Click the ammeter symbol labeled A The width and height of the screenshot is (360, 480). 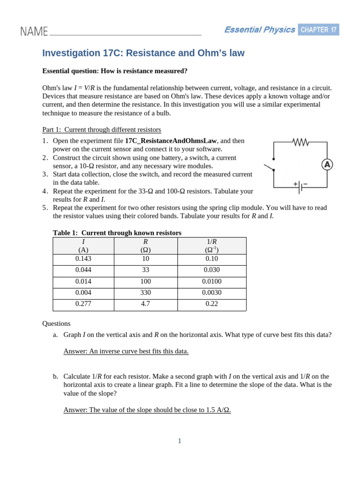coord(327,165)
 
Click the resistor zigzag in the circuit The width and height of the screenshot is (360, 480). coord(300,142)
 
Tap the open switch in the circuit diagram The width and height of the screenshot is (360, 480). coord(269,168)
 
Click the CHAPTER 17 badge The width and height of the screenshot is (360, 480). coord(318,30)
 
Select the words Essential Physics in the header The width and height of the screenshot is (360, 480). coord(259,30)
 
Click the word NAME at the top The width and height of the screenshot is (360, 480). coord(34,31)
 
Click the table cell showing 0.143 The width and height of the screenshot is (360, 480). coord(83,259)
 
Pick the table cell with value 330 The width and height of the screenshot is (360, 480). coord(145,292)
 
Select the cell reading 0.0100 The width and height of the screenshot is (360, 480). coord(212,281)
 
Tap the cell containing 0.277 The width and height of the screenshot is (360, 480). coord(83,304)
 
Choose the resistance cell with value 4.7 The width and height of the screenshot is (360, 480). coord(145,304)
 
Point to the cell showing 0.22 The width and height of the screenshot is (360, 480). coord(212,304)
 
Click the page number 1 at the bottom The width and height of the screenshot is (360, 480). coord(180,441)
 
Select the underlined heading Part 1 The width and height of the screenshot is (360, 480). coord(52,129)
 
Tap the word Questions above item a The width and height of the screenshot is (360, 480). coord(56,323)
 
